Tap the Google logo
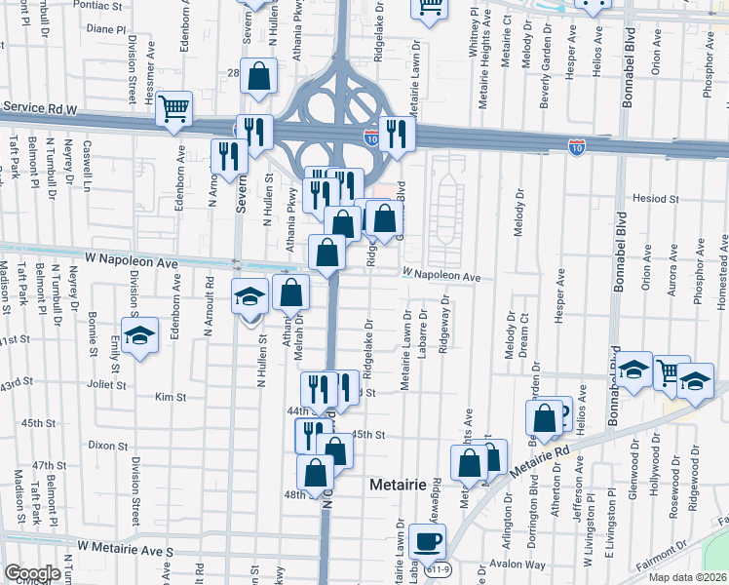(32, 573)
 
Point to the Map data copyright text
(690, 577)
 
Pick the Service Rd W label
(39, 108)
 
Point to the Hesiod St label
(655, 198)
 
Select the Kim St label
(171, 397)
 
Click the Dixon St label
(101, 445)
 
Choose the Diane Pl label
(106, 29)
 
